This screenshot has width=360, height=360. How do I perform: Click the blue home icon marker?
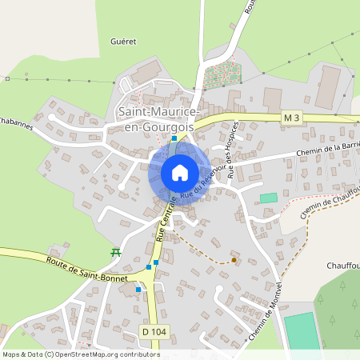(x=179, y=172)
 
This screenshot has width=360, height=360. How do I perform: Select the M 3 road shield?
(x=292, y=118)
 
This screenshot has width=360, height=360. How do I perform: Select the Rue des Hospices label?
(x=234, y=150)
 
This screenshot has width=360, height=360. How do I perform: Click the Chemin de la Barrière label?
(x=328, y=149)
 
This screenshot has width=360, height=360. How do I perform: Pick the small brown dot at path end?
(x=234, y=259)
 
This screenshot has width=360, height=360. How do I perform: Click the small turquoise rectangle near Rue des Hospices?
(x=269, y=198)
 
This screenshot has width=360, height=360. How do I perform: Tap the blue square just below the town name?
(x=174, y=138)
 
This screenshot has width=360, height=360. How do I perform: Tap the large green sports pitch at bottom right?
(x=301, y=330)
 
